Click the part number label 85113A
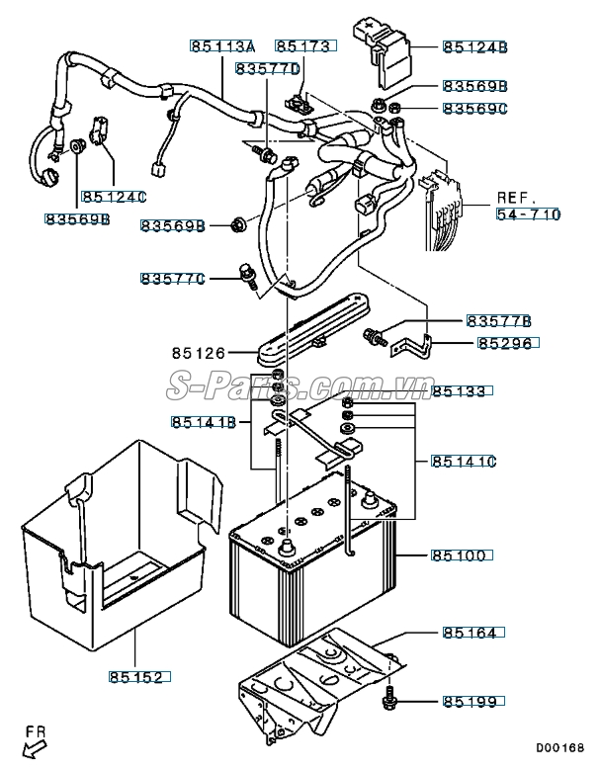222,46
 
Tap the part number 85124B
474,46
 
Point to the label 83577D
267,69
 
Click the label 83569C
474,107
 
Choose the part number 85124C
114,196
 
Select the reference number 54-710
528,214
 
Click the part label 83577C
173,280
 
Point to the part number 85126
198,352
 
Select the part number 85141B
204,423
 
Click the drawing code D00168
560,748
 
